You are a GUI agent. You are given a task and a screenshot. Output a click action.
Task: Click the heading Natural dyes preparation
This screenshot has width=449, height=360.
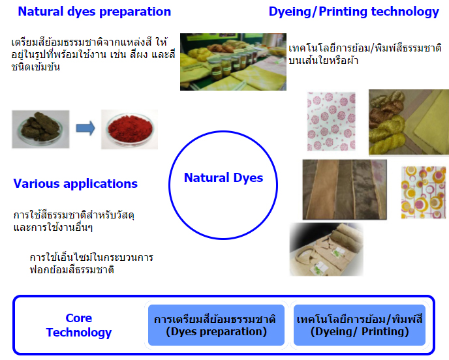click(x=94, y=12)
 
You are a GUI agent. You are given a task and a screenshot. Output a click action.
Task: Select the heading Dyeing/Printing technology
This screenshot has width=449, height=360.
click(x=354, y=12)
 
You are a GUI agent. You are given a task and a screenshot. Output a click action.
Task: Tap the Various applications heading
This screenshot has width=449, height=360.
click(x=75, y=184)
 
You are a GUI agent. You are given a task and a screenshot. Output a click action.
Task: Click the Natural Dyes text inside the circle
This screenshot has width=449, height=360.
click(x=223, y=177)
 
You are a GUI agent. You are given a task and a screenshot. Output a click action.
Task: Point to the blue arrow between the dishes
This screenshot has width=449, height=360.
click(x=85, y=128)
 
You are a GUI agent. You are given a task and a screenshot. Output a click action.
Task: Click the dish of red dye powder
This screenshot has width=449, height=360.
click(x=129, y=129)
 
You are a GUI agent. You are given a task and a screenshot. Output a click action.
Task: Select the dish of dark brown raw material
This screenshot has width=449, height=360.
click(x=40, y=129)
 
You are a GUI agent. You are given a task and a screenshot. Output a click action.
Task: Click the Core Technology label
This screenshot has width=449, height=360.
click(x=79, y=325)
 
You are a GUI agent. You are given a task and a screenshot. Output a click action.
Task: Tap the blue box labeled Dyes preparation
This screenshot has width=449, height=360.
click(x=216, y=325)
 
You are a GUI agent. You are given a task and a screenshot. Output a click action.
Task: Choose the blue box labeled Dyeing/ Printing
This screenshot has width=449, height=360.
click(x=360, y=325)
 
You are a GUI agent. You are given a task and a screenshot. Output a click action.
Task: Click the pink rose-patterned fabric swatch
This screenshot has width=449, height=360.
click(x=332, y=121)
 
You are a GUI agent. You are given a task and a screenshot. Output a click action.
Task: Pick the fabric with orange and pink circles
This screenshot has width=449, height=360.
click(x=424, y=192)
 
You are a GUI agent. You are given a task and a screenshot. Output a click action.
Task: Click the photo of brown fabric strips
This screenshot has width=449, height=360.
click(x=345, y=190)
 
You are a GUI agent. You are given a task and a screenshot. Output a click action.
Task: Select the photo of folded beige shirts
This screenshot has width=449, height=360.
click(x=326, y=250)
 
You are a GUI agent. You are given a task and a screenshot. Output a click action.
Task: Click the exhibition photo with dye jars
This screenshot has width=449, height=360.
click(x=233, y=62)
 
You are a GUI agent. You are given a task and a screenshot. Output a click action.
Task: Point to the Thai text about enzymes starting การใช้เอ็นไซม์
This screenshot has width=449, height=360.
click(x=91, y=263)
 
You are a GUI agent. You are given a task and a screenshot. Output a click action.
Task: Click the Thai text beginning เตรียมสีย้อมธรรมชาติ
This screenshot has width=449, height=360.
click(x=93, y=54)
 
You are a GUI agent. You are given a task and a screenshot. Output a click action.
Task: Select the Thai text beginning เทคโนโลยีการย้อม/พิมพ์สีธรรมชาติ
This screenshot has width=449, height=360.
click(x=365, y=54)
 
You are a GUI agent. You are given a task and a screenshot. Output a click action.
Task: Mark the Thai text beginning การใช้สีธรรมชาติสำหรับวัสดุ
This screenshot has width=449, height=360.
click(x=74, y=221)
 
